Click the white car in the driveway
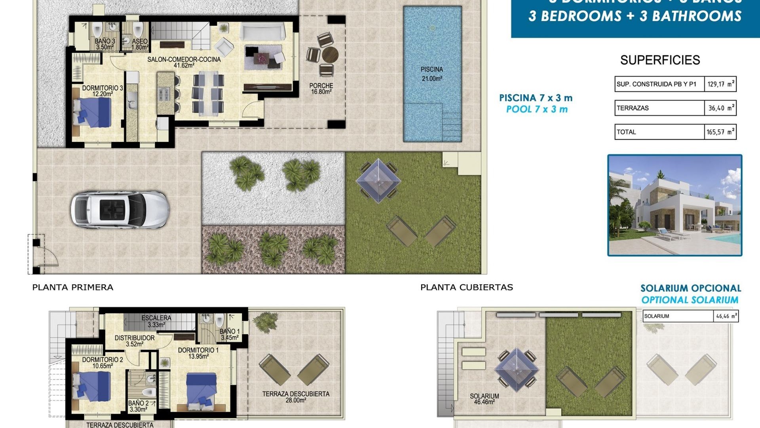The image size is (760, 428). click(120, 210)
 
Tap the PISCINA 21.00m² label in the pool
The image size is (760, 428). click(432, 74)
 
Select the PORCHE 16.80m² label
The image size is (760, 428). click(321, 88)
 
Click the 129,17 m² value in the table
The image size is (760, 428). click(720, 84)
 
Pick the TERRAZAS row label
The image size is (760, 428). click(633, 108)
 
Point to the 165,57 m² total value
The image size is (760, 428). click(720, 132)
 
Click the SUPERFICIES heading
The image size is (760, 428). click(660, 60)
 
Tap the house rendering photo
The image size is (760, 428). click(674, 205)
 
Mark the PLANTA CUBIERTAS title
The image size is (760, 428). click(466, 287)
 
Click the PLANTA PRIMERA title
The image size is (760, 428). click(73, 287)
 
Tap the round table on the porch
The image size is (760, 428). click(330, 54)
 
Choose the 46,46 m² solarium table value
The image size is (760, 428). click(726, 316)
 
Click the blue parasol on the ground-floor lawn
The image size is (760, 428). click(378, 181)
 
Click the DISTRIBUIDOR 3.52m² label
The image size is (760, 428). click(135, 341)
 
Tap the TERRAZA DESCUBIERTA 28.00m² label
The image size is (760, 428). click(296, 397)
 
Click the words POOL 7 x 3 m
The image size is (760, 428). click(537, 109)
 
